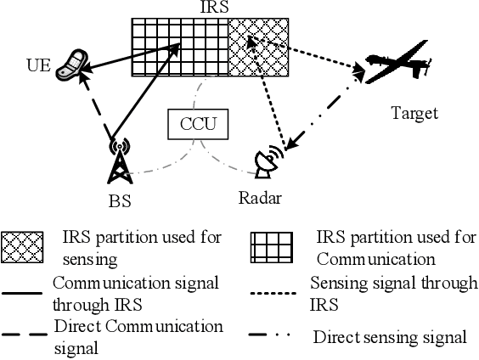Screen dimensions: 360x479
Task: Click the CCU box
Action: tap(198, 125)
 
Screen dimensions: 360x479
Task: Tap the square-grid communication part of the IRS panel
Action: tap(180, 48)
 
